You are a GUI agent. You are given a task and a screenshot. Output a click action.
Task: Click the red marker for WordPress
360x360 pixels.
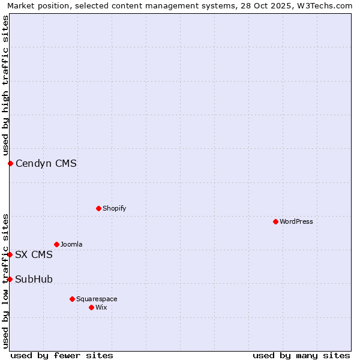pos(275,221)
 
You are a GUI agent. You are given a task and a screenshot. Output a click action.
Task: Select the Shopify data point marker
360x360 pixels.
pos(98,208)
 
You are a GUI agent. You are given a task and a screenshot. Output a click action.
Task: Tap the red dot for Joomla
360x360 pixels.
pos(56,244)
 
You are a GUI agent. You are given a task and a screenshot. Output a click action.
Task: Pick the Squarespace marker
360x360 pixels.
pos(72,299)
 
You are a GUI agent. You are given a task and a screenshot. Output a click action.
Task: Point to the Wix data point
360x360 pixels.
pos(91,307)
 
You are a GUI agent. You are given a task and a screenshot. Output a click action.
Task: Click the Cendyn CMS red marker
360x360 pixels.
pos(10,163)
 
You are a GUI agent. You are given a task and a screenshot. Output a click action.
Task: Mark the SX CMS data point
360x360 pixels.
pos(10,254)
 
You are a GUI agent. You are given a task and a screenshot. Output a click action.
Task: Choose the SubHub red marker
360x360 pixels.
pos(10,279)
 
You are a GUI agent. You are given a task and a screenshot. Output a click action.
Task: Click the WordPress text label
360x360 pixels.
pos(296,221)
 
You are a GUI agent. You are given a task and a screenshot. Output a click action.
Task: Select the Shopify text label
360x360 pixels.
pos(114,208)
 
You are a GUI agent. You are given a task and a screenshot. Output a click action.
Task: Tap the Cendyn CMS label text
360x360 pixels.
pos(46,163)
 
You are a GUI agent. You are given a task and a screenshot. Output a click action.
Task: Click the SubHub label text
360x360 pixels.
pos(34,279)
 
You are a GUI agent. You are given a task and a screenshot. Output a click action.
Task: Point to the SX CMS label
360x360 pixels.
pos(34,254)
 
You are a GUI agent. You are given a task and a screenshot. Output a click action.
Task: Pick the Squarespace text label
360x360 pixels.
pos(97,299)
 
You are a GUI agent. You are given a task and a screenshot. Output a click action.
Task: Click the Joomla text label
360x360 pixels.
pos(71,244)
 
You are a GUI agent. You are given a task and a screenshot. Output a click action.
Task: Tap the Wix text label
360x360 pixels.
pos(101,307)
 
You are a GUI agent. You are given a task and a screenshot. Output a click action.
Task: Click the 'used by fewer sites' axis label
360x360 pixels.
pos(62,355)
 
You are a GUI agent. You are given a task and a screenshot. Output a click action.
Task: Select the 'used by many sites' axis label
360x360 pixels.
pos(301,355)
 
